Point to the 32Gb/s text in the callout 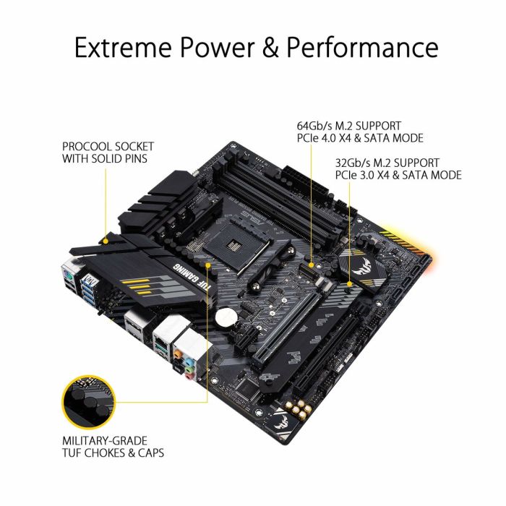(354, 162)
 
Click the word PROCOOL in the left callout (87, 145)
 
